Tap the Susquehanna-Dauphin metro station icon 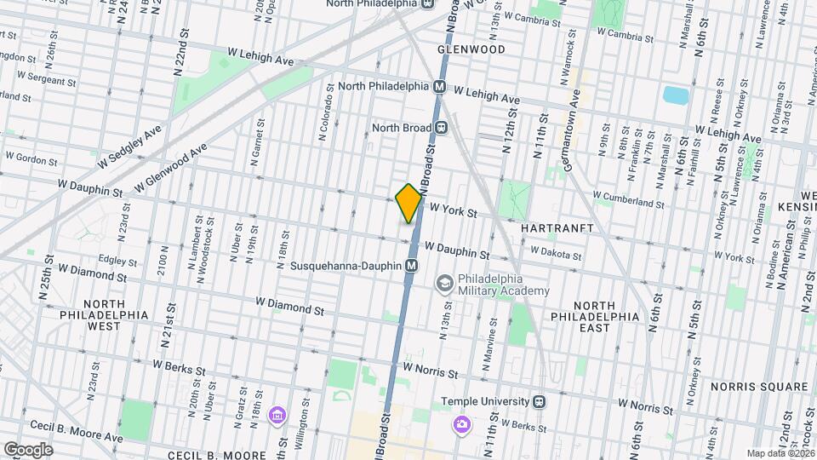coord(411,266)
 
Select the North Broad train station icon coord(441,128)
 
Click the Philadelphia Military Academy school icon coord(444,284)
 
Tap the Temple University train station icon coord(538,401)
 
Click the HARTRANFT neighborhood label coord(551,229)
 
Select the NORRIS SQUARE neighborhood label coord(763,386)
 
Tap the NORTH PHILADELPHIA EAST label coord(605,316)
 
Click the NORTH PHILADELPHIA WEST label coord(116,314)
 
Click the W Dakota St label coord(556,252)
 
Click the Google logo coord(28,449)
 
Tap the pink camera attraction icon coord(461,423)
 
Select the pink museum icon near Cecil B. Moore coord(277,416)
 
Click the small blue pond coord(675,95)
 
